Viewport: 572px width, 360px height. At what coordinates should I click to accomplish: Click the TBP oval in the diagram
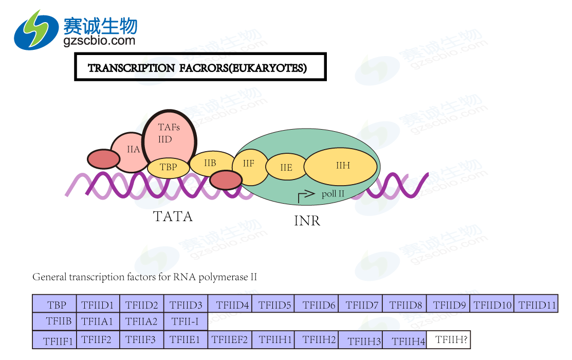point(168,167)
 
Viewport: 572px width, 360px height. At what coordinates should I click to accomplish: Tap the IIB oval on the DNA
point(210,164)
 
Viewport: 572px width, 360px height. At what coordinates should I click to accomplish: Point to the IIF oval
point(249,165)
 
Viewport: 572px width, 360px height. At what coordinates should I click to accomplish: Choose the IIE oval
point(286,167)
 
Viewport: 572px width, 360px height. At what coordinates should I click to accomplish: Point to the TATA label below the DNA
point(173,217)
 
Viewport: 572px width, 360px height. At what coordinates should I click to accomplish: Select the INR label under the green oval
point(307,221)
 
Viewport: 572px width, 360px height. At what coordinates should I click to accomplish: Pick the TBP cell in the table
point(54,304)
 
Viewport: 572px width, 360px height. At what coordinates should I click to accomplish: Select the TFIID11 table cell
point(536,304)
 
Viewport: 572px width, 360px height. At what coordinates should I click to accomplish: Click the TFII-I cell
point(186,322)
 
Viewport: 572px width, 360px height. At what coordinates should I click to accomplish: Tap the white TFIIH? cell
point(448,339)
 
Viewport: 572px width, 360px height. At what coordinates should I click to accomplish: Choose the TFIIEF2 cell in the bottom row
point(230,340)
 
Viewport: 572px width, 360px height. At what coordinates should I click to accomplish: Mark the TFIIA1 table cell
point(98,322)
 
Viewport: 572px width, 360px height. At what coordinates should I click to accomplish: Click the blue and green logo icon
point(36,29)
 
